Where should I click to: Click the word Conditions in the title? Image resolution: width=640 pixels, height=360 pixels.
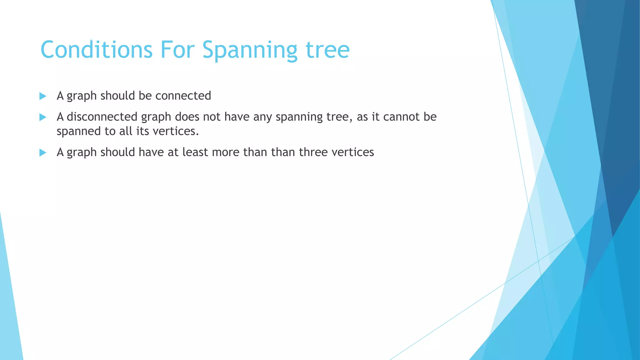pyautogui.click(x=97, y=50)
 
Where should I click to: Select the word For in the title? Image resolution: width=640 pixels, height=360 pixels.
pyautogui.click(x=177, y=50)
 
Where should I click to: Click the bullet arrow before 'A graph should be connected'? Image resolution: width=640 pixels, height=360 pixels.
pyautogui.click(x=43, y=96)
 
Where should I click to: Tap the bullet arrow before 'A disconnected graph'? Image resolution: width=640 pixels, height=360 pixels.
pyautogui.click(x=43, y=117)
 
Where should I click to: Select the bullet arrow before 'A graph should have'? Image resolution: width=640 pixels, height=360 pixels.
pyautogui.click(x=43, y=153)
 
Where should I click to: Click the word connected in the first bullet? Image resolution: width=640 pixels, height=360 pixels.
pyautogui.click(x=183, y=96)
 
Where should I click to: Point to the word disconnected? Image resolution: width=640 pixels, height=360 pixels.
pyautogui.click(x=102, y=117)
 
